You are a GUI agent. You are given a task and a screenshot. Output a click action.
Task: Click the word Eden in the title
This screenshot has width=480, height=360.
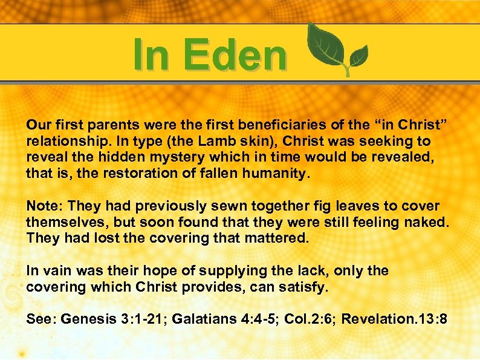coord(236,54)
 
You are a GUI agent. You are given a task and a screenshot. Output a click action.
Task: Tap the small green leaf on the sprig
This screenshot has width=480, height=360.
coord(357,56)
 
